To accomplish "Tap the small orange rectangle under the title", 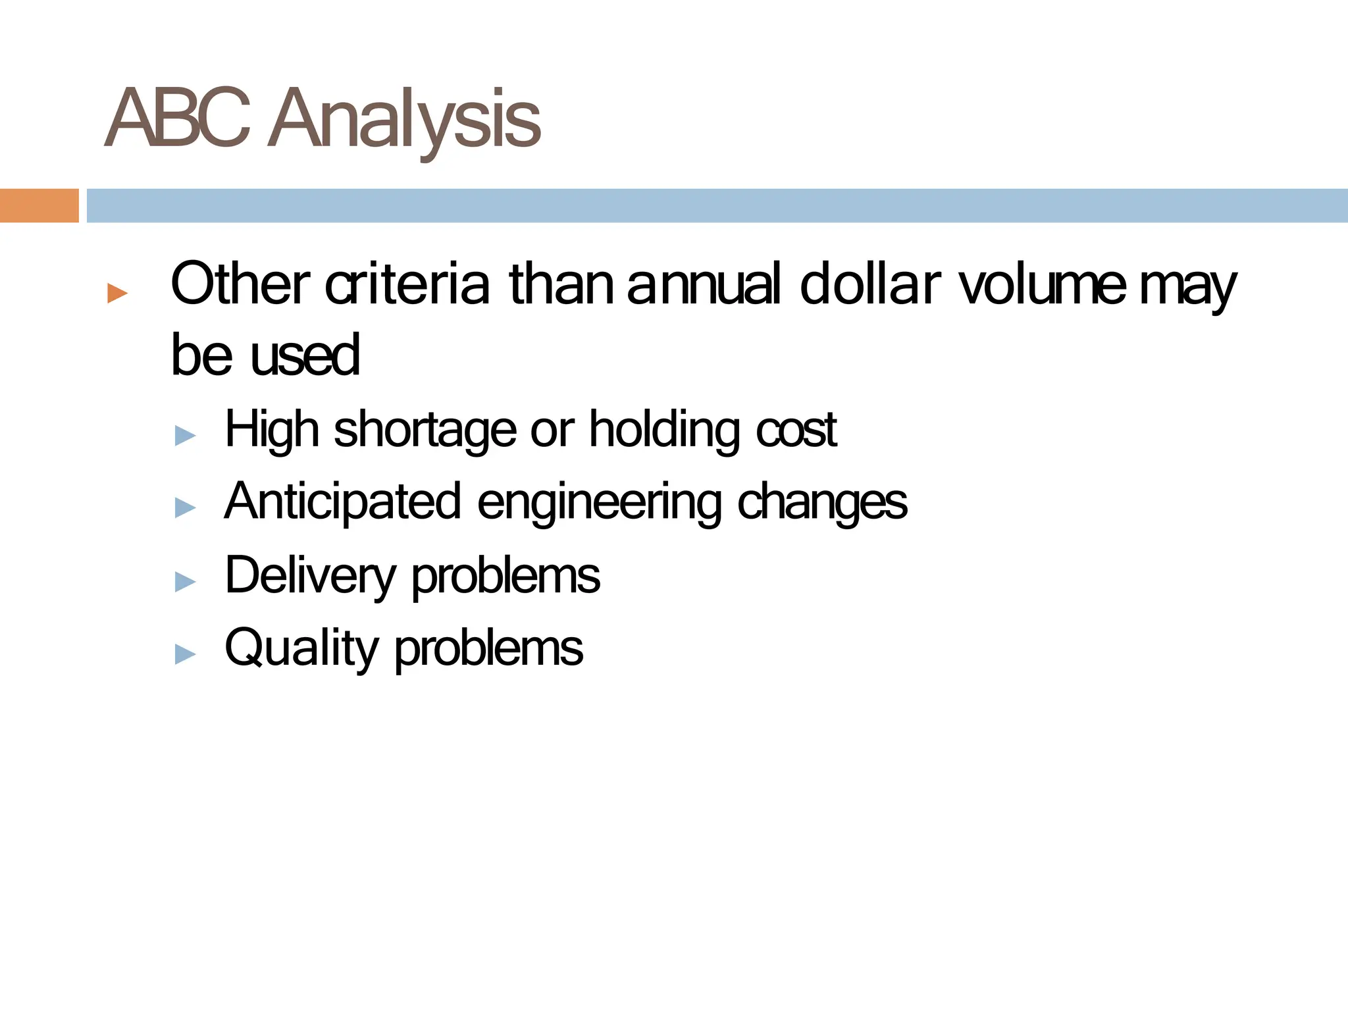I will coord(39,205).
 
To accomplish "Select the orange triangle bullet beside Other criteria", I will coord(117,293).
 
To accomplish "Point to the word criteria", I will coord(408,284).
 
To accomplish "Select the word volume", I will coord(1042,284).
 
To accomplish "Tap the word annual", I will coord(704,284).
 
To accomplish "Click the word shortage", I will coord(426,430).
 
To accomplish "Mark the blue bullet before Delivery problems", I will coord(186,582).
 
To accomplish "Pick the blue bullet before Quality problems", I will coord(186,654).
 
